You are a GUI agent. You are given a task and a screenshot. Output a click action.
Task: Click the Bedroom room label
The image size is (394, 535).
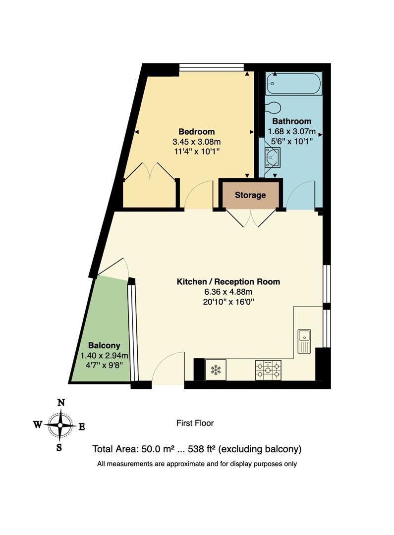pyautogui.click(x=197, y=132)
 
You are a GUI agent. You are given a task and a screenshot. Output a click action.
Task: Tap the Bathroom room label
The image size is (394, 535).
pyautogui.click(x=291, y=121)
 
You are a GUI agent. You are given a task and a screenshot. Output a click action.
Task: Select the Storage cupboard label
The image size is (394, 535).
pyautogui.click(x=250, y=195)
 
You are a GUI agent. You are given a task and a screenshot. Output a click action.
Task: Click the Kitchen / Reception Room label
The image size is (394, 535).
pyautogui.click(x=228, y=282)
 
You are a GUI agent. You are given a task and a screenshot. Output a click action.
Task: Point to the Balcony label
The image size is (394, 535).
pyautogui.click(x=104, y=345)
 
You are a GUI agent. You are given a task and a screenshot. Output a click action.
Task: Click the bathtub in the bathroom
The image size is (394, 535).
pyautogui.click(x=293, y=84)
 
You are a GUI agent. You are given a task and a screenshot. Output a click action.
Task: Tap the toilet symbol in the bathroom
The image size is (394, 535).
pyautogui.click(x=273, y=107)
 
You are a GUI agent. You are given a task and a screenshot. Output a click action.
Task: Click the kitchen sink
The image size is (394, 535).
pyautogui.click(x=304, y=341)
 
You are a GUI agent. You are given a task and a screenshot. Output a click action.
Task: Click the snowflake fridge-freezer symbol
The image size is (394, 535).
pyautogui.click(x=215, y=370)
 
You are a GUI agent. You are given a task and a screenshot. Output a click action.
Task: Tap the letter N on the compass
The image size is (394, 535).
pyautogui.click(x=61, y=403)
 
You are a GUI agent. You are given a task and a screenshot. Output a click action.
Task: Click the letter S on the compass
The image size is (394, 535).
pyautogui.click(x=59, y=448)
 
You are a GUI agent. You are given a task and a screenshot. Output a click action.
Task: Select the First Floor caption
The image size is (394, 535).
pyautogui.click(x=195, y=423)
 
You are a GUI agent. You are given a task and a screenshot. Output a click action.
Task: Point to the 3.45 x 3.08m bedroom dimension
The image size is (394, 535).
pyautogui.click(x=197, y=142)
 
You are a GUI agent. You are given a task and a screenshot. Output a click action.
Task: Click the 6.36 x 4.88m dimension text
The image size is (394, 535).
pyautogui.click(x=228, y=292)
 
